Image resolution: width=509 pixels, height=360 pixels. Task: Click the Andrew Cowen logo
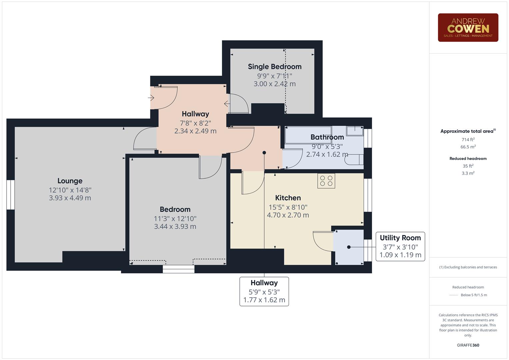(468, 28)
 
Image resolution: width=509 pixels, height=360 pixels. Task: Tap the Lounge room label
(70, 181)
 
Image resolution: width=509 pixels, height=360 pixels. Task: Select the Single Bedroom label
(275, 67)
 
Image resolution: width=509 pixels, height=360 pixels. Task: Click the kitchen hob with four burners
(326, 181)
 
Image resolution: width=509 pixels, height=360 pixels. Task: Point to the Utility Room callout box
(400, 246)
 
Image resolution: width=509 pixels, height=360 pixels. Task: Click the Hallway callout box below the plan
(264, 291)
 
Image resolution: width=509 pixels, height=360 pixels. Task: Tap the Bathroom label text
(327, 137)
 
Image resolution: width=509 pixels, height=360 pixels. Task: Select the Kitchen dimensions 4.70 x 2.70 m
(288, 215)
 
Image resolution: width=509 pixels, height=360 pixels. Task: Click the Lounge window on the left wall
(11, 195)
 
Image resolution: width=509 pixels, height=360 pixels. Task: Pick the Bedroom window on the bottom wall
(178, 269)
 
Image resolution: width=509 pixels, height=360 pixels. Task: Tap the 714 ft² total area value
(468, 140)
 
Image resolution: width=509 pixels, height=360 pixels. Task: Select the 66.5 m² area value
(468, 147)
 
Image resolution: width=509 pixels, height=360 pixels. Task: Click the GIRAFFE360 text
(468, 345)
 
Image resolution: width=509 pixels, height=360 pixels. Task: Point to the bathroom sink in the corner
(355, 131)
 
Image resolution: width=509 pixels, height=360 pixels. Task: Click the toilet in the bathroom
(354, 160)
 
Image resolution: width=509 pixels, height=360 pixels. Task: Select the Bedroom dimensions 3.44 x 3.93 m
(175, 227)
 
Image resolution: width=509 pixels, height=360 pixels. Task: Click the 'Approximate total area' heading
(468, 131)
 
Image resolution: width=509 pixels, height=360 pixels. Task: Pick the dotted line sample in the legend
(454, 295)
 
